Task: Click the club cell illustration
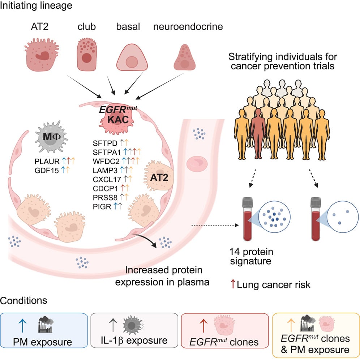coord(86,55)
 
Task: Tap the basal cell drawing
coord(132,57)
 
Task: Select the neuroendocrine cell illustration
coord(185,57)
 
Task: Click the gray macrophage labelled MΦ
coord(51,137)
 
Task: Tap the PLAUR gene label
coord(47,162)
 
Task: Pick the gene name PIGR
coord(102,206)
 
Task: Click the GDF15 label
coord(47,170)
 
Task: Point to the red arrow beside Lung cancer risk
coord(233,284)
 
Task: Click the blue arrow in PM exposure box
coord(22,325)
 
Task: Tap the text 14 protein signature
coord(252,257)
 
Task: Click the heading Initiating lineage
coord(36,6)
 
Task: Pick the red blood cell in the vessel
coord(197,164)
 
